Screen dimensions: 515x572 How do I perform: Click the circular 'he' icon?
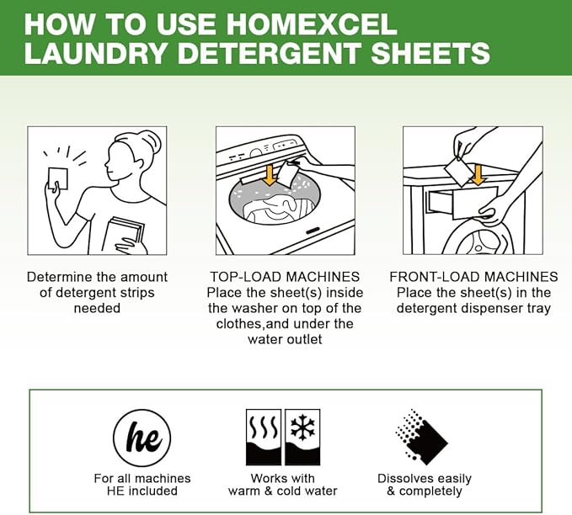pos(142,438)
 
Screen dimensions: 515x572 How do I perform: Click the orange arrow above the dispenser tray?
pos(478,174)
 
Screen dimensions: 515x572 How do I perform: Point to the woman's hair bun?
pos(149,139)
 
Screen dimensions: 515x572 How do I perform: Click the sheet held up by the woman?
pos(59,179)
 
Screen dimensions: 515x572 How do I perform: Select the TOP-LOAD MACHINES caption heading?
pos(284,277)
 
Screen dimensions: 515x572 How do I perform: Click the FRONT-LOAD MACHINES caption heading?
pos(473,277)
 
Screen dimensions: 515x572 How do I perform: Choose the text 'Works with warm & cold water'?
pos(282,485)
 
